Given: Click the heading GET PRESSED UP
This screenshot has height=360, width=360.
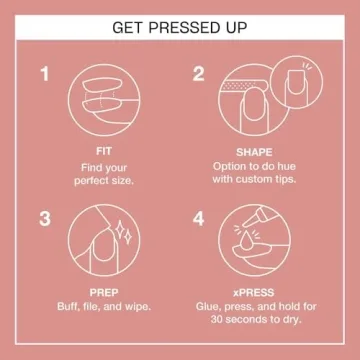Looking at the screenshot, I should (180, 24).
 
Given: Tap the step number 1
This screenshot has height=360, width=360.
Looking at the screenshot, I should (44, 74).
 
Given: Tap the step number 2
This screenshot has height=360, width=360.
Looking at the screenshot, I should (198, 74).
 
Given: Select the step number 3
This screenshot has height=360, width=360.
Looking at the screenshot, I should (44, 218).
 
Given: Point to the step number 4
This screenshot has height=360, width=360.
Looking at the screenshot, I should (198, 218).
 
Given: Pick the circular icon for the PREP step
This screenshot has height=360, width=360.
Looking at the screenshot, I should (104, 245).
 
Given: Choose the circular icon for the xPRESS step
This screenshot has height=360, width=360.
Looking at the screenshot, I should (258, 245).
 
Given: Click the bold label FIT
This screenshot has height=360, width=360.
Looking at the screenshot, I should (104, 151).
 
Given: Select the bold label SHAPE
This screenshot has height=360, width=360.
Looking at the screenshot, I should (258, 151).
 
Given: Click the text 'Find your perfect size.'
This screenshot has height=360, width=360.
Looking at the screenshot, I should (104, 174).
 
